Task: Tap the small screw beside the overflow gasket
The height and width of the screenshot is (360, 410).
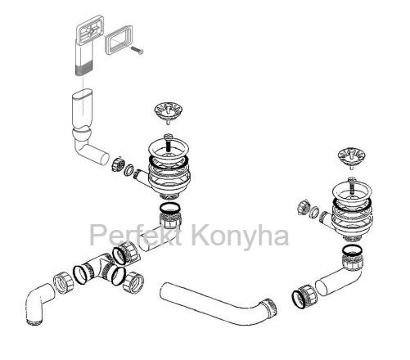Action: click(x=137, y=51)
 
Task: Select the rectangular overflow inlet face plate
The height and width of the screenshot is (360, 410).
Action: click(x=89, y=29)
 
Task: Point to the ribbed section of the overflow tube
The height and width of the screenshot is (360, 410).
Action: click(x=84, y=70)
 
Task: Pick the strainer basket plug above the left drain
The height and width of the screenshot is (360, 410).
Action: click(x=167, y=112)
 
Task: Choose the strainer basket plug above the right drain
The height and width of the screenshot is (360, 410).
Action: click(x=350, y=158)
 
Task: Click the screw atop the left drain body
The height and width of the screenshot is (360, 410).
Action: click(x=169, y=142)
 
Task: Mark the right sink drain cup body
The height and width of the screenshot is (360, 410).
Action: click(x=350, y=210)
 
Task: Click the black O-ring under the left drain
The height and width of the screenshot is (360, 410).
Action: click(x=170, y=208)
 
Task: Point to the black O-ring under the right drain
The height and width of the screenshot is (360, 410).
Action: click(x=353, y=250)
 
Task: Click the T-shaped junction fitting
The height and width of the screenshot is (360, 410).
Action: click(x=101, y=268)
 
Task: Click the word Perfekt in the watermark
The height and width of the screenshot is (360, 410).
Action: click(x=136, y=235)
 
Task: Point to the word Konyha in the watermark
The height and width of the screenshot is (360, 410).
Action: click(x=240, y=236)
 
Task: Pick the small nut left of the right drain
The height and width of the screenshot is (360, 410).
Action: click(x=303, y=208)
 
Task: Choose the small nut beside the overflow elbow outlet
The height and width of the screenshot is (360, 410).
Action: click(x=118, y=164)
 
